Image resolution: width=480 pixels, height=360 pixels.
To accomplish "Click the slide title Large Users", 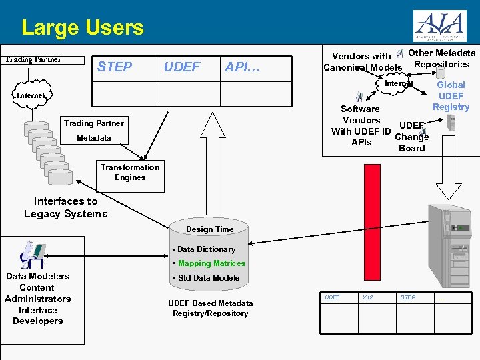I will click(82, 28).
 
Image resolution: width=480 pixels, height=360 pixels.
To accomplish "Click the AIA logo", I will click(439, 27).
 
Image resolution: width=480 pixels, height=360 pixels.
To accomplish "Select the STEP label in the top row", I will click(115, 67).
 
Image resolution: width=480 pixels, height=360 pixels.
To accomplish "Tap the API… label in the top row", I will click(242, 67).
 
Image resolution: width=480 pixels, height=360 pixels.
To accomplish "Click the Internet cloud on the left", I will click(31, 95).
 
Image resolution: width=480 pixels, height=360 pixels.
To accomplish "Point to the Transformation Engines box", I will click(130, 172).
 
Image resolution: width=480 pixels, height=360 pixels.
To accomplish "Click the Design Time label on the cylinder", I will click(209, 229).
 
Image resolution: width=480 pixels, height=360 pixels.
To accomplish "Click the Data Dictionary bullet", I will click(205, 249).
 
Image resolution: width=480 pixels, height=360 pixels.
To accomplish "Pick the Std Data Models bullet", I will click(208, 278).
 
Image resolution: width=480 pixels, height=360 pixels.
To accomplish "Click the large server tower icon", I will click(451, 247).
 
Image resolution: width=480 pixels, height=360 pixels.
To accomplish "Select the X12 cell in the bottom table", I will click(367, 297).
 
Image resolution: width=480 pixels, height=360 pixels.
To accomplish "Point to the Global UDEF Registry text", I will click(451, 95).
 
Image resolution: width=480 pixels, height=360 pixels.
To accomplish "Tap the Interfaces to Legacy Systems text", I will click(65, 207).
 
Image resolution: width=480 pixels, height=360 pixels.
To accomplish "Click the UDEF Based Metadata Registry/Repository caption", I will click(210, 308).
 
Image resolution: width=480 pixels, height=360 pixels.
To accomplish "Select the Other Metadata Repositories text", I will click(441, 59).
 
